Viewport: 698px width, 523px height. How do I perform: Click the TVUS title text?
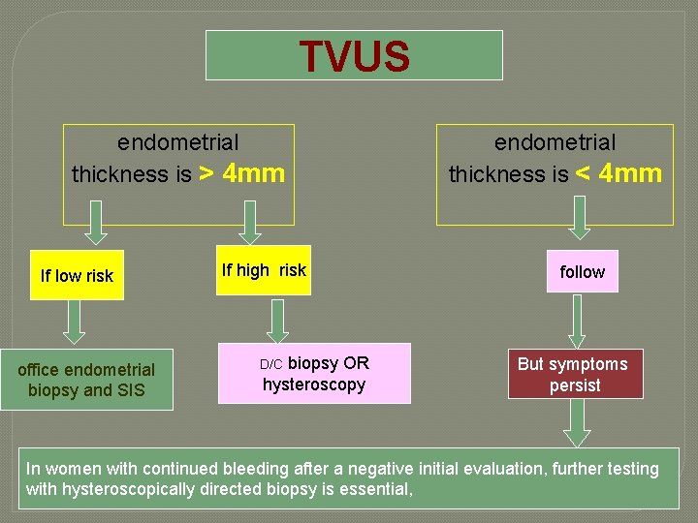[x=354, y=56]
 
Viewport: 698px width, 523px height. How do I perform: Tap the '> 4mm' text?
[x=241, y=174]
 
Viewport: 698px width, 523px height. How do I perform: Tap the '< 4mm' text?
[x=619, y=174]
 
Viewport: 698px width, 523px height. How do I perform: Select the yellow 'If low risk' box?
[x=77, y=275]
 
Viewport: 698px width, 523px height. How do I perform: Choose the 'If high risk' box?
[x=264, y=270]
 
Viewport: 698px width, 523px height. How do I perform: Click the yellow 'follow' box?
[x=582, y=272]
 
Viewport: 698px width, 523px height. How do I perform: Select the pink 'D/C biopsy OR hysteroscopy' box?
[x=314, y=374]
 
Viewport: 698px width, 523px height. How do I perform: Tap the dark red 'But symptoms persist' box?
[x=574, y=374]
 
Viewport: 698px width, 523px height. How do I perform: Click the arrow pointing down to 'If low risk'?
[x=94, y=224]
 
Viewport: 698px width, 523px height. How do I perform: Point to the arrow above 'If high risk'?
[x=250, y=223]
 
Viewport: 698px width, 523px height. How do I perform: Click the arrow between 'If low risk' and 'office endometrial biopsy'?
[x=77, y=323]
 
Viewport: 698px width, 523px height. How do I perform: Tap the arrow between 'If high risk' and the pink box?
[x=279, y=320]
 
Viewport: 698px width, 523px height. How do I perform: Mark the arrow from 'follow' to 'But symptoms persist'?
[x=578, y=321]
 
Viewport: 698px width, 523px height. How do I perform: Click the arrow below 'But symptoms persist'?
[x=578, y=422]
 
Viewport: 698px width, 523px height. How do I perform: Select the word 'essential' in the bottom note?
[x=377, y=489]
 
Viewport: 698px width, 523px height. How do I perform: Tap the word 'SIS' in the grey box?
[x=131, y=390]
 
